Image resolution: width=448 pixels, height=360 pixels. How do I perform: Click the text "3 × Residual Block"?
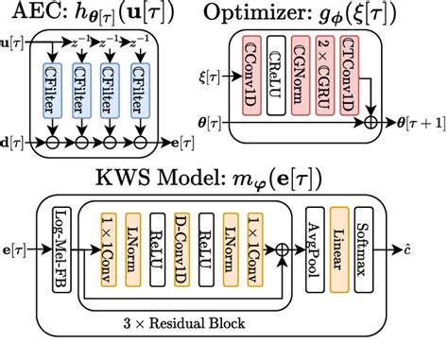[185, 324]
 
